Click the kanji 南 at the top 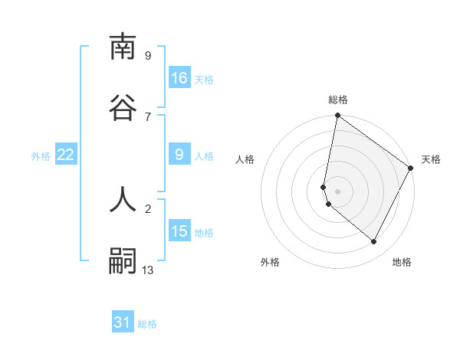coord(123,47)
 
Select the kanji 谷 coord(123,108)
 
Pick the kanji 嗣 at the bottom coord(123,261)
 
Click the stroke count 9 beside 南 coord(148,55)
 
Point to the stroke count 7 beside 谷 coord(148,116)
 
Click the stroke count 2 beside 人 coord(148,208)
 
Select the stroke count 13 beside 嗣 coord(148,270)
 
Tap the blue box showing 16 coord(179,78)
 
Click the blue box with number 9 coord(179,155)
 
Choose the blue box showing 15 coord(179,231)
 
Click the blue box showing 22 coord(66,155)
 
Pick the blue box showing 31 coord(123,322)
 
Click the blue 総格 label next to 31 coord(147,324)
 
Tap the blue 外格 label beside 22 coord(41,156)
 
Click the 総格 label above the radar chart coord(338,100)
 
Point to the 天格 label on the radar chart coord(431,159)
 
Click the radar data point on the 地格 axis coord(374,242)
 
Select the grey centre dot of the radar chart coord(337,191)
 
